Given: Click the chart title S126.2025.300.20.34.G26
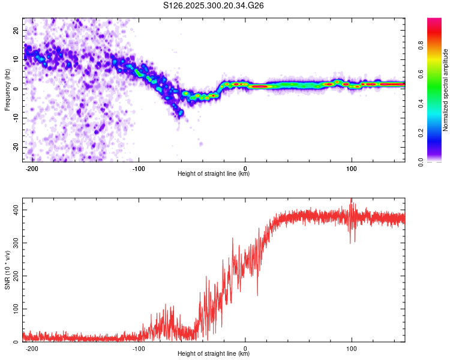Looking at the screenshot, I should pos(214,5).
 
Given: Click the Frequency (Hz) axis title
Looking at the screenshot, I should pos(7,89).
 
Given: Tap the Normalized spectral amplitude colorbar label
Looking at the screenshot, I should pos(446,90).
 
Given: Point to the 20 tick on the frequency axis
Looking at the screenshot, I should pos(16,30).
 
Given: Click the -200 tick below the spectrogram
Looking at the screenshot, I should pos(33,168).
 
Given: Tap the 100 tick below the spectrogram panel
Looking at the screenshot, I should pos(352,168).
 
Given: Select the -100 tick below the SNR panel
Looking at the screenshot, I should pos(139,348).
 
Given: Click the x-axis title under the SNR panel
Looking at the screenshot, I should pos(214,354).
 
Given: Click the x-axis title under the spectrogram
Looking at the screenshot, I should pos(214,174).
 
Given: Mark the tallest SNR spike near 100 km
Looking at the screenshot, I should pos(351,200).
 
